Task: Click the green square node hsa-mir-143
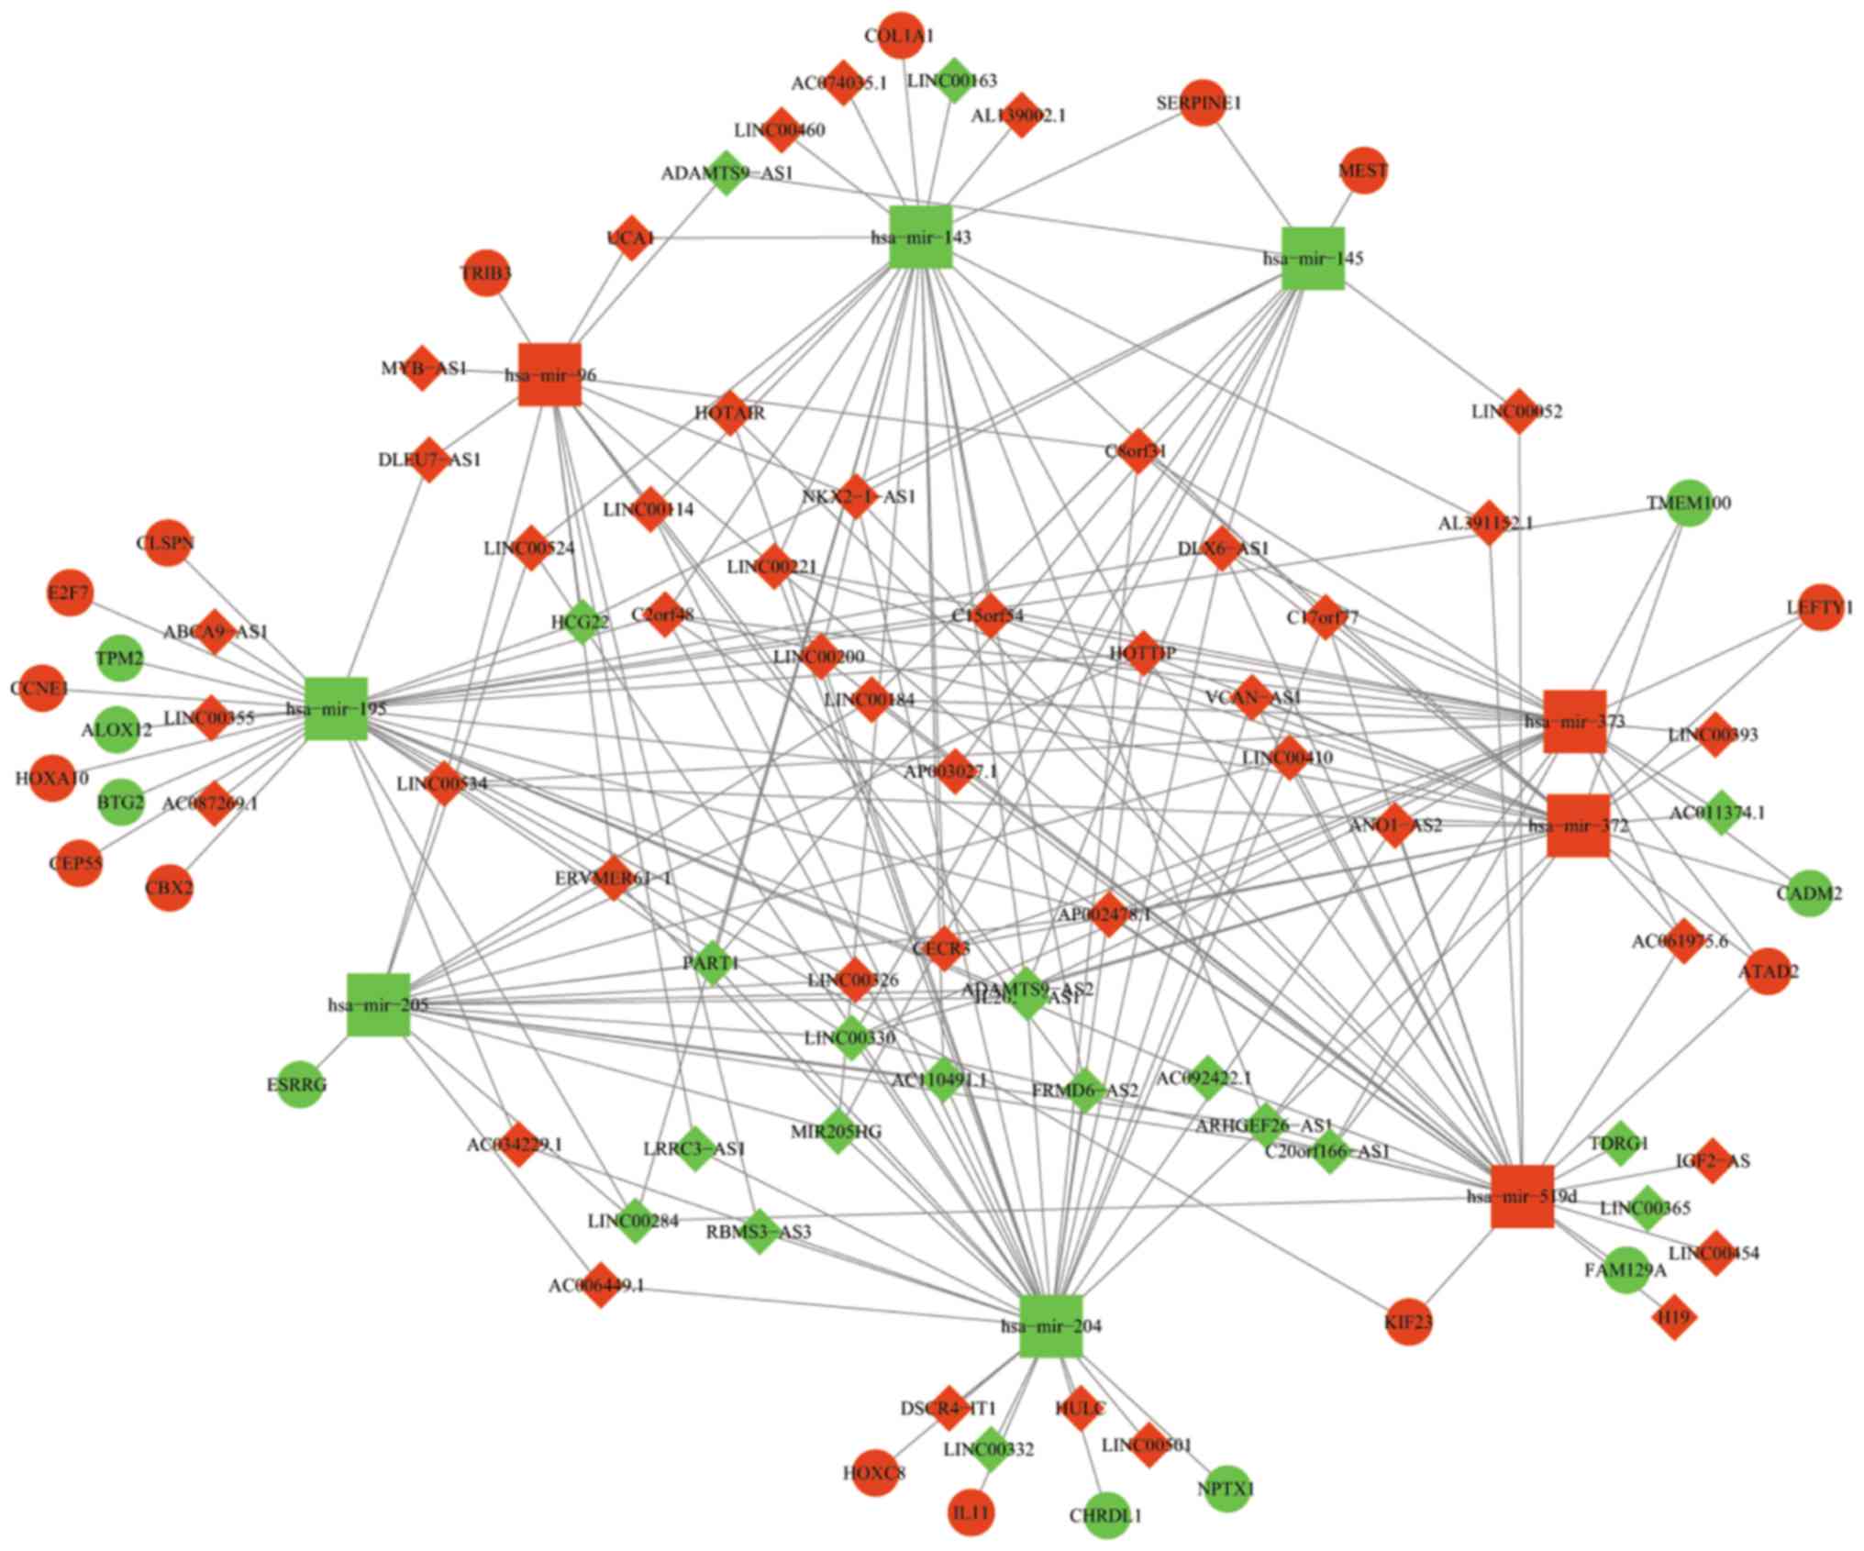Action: coord(921,238)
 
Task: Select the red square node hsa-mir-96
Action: coord(549,374)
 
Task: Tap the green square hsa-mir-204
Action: coord(1051,1326)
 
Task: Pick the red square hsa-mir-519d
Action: coord(1522,1196)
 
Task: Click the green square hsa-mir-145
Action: coord(1313,258)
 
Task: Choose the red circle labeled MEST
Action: coord(1363,171)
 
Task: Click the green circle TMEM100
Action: coord(1689,503)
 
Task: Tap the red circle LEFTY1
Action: coord(1820,607)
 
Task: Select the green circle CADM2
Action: coord(1809,892)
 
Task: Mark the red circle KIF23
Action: coord(1408,1322)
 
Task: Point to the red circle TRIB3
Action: coord(486,273)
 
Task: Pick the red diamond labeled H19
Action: coord(1673,1317)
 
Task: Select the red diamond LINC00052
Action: coord(1519,412)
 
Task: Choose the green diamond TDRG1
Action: coord(1620,1144)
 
